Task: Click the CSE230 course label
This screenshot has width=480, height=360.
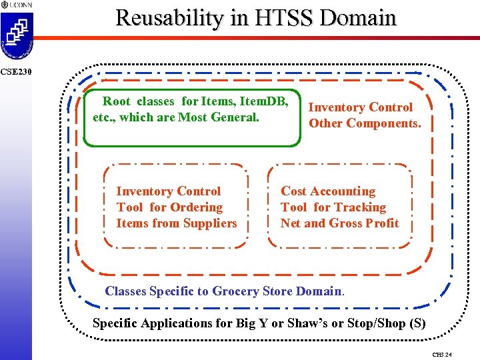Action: [14, 71]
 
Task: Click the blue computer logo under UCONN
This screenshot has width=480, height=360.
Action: [17, 33]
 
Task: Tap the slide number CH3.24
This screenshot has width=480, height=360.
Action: [441, 354]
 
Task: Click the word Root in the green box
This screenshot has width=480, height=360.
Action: [117, 102]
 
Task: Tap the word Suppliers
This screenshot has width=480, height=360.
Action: [209, 223]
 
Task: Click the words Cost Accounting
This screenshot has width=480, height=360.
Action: [328, 191]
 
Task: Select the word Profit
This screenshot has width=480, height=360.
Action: [382, 223]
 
